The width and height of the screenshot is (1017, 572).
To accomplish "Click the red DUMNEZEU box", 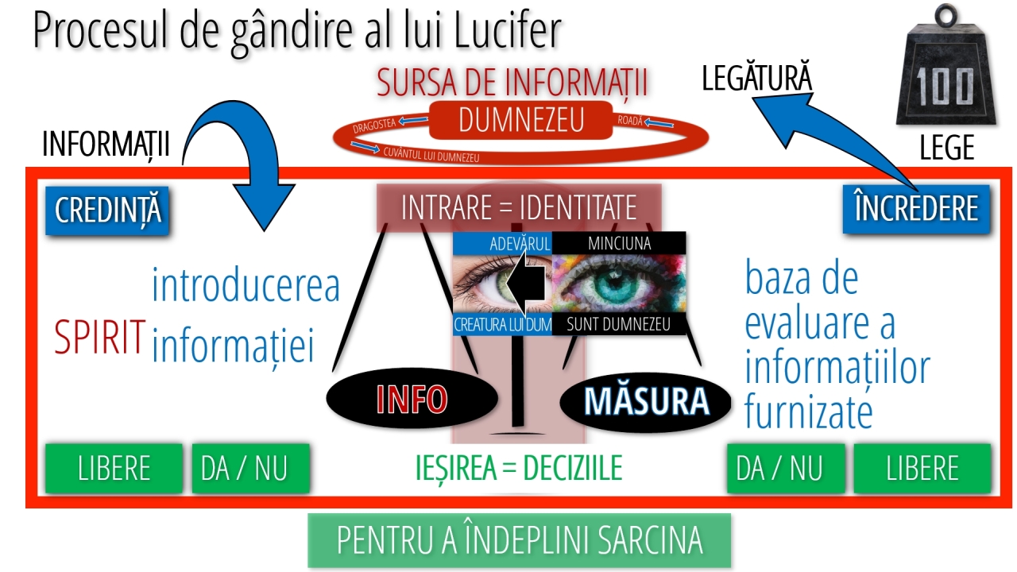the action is point(520,120).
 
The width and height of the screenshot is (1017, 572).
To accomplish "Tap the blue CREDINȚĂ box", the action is point(107,211).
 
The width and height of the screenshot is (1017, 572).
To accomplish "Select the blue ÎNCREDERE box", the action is point(916,209).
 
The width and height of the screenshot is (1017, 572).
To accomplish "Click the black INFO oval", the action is point(412,398).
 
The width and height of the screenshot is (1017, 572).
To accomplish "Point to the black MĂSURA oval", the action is point(646,402).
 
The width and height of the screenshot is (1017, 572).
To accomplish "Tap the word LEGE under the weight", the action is point(947,147).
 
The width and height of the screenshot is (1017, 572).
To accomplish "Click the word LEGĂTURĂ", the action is point(757,77).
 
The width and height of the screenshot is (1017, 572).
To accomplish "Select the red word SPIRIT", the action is point(100,336).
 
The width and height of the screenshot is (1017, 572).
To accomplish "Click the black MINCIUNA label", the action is point(619,243).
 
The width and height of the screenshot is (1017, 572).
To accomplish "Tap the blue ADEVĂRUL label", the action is point(503,244).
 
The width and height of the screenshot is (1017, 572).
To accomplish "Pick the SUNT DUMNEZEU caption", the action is point(618,324).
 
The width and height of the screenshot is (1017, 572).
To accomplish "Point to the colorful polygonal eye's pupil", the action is point(608,284).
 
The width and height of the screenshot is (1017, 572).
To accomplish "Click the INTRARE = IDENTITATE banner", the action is point(519,207).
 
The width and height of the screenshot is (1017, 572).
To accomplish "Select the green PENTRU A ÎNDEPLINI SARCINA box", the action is point(520,540).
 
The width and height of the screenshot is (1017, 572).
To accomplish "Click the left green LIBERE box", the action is point(114,468).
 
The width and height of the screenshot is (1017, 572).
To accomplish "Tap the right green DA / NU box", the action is point(786,468).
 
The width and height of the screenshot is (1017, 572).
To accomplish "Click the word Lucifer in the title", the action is point(508,30).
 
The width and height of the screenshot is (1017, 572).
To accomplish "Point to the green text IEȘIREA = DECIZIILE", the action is point(519,468).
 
